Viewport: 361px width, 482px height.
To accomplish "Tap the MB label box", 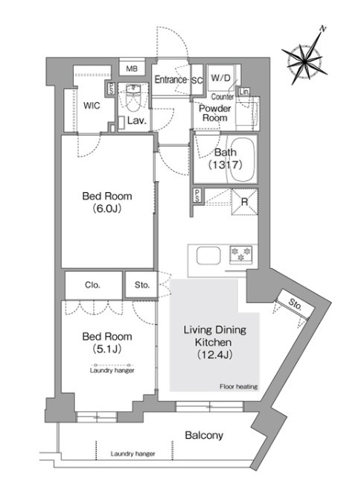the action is tap(132, 69).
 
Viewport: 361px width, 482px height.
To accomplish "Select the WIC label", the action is tap(92, 106).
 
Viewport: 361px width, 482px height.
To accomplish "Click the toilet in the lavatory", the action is tap(133, 98).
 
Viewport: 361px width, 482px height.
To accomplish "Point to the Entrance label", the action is tap(170, 80).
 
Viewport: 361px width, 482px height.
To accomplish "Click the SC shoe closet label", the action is tap(197, 80).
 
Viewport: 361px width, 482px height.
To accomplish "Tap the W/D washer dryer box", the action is tap(221, 77).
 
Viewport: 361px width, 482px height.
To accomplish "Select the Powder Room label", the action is tap(215, 112).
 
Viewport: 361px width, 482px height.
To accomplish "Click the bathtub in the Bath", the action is tap(243, 159).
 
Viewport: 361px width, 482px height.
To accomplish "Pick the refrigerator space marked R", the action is tap(244, 202).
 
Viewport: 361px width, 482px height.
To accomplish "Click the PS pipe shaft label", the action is tap(197, 196).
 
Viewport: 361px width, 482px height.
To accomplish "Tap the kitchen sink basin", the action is tap(208, 256).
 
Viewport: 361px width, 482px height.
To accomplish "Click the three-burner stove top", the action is tap(241, 255).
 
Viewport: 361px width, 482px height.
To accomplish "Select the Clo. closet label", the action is tap(92, 285).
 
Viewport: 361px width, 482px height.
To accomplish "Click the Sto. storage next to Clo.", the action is tap(141, 285).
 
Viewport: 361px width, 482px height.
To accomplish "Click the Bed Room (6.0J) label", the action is tap(107, 202).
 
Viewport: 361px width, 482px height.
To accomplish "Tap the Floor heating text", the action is tap(239, 387).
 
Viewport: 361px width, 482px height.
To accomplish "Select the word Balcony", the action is tap(204, 435).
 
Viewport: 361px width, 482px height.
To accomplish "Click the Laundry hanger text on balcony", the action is tap(132, 454).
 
